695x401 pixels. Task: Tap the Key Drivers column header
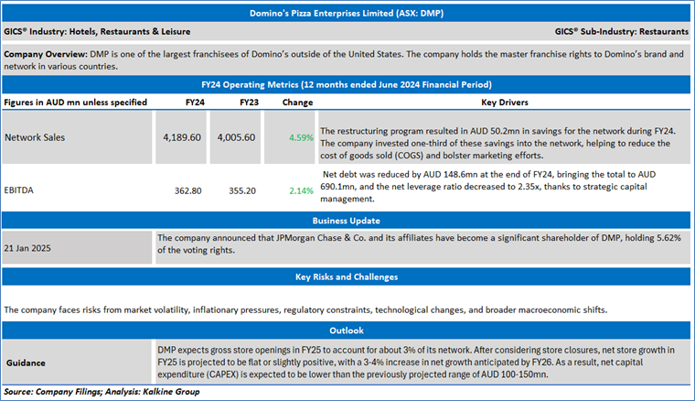[x=507, y=103]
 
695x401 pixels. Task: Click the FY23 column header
[x=247, y=103]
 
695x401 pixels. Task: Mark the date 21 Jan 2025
[x=30, y=248]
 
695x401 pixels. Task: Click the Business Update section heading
[x=347, y=220]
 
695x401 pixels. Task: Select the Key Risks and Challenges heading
[x=347, y=276]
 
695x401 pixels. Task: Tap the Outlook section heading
[x=347, y=330]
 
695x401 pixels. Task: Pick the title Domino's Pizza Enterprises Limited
[x=347, y=14]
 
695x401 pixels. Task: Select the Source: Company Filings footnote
[x=102, y=392]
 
